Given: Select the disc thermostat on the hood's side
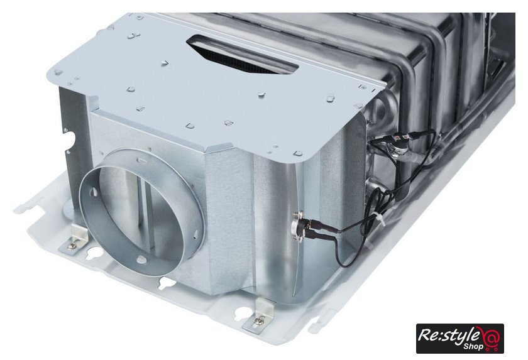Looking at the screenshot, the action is [299, 226].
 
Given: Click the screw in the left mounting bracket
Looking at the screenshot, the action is [72, 246].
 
